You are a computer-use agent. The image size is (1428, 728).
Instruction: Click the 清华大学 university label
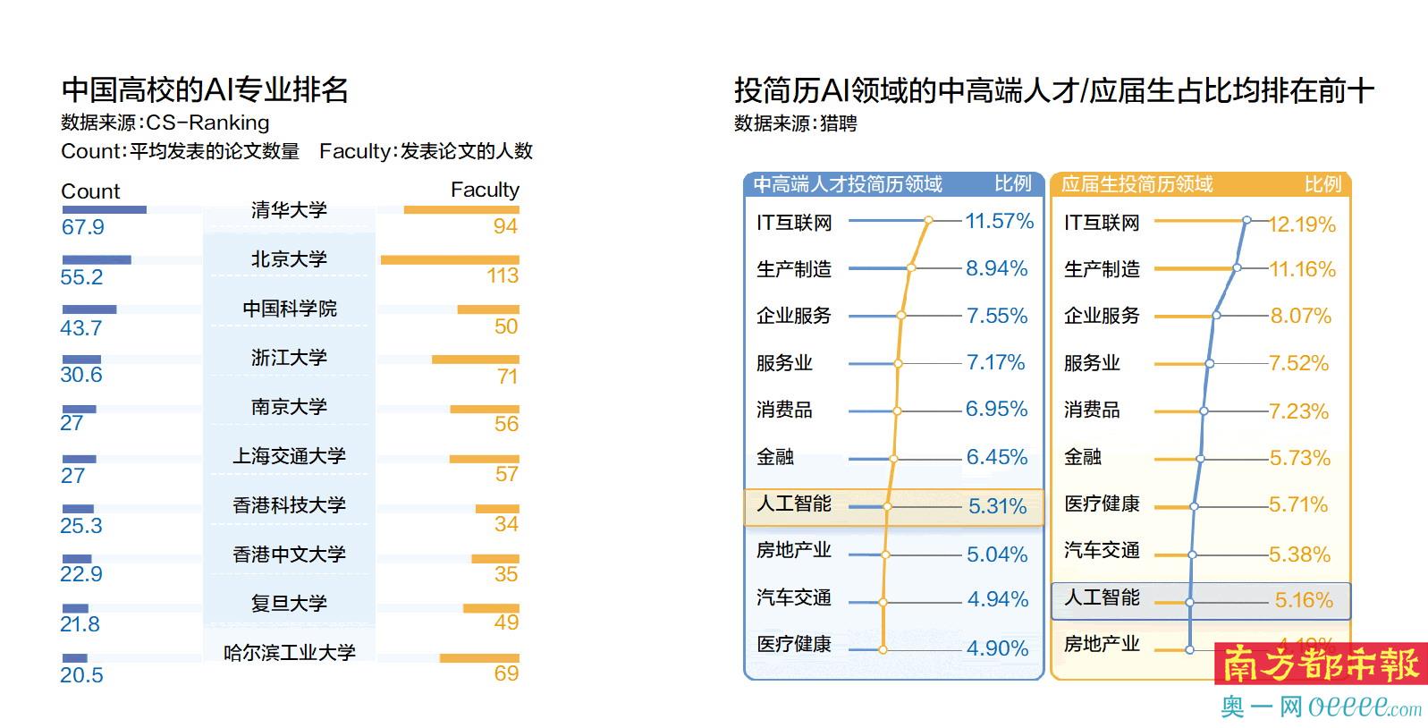[x=289, y=210]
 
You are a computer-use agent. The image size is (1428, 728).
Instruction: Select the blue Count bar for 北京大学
[x=97, y=260]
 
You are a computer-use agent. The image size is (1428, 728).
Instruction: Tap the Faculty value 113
[x=503, y=275]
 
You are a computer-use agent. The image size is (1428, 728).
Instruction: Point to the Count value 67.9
[x=82, y=227]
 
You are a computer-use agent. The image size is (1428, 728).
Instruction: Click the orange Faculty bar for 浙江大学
[x=475, y=360]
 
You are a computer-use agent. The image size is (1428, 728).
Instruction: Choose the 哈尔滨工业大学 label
[x=289, y=653]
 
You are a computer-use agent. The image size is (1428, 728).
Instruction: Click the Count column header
[x=89, y=191]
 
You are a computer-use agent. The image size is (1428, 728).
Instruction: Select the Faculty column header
[x=484, y=190]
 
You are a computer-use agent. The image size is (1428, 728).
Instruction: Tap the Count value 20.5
[x=81, y=675]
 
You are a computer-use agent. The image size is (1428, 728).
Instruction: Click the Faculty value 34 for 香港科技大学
[x=506, y=524]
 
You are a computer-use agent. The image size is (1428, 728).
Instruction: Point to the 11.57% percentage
[x=999, y=221]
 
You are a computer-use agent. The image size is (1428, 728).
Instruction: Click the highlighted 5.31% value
[x=997, y=506]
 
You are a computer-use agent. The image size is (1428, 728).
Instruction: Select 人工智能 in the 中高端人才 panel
[x=794, y=504]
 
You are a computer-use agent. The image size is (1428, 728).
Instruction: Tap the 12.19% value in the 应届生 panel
[x=1301, y=224]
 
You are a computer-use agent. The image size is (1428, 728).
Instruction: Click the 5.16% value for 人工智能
[x=1303, y=600]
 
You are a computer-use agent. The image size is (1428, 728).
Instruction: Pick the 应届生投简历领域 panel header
[x=1136, y=184]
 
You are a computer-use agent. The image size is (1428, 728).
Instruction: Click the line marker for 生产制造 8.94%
[x=911, y=267]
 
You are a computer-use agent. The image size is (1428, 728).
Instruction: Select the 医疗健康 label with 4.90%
[x=794, y=644]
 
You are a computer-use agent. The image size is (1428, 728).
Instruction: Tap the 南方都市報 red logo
[x=1320, y=665]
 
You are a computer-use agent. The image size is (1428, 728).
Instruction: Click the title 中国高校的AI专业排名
[x=205, y=89]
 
